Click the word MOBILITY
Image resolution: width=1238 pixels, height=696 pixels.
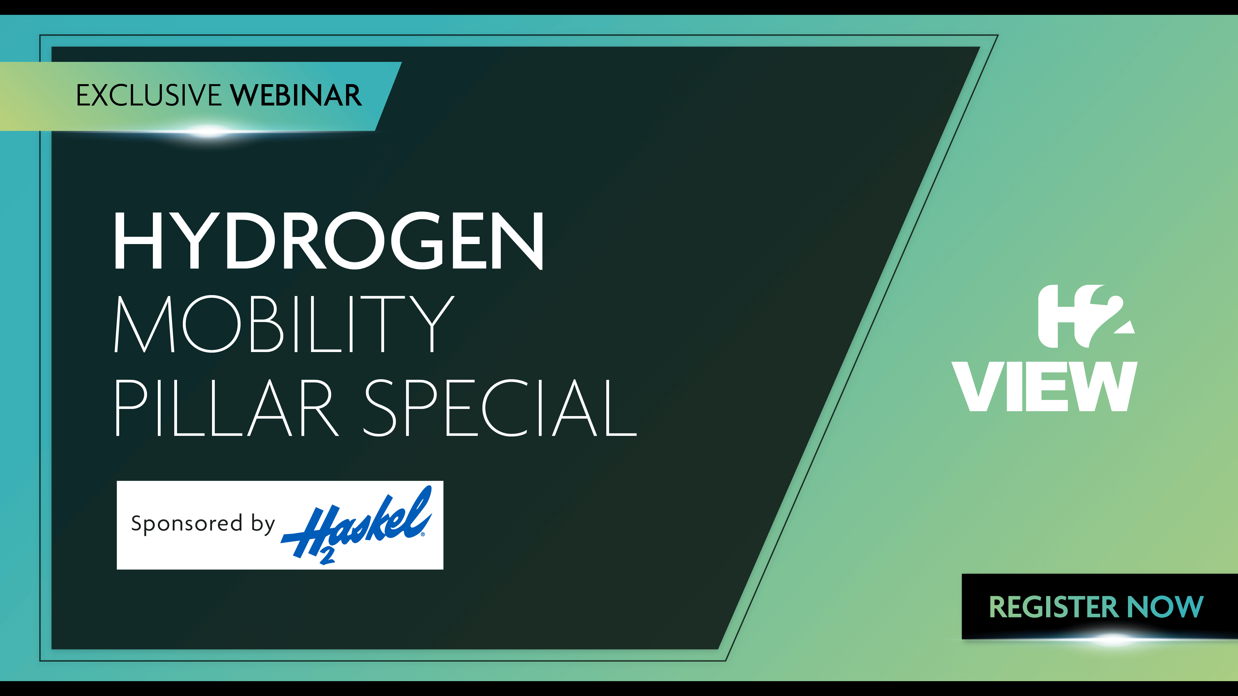(284, 324)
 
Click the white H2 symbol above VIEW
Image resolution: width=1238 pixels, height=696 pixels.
(1086, 316)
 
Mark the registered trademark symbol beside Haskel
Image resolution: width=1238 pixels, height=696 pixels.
(423, 534)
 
